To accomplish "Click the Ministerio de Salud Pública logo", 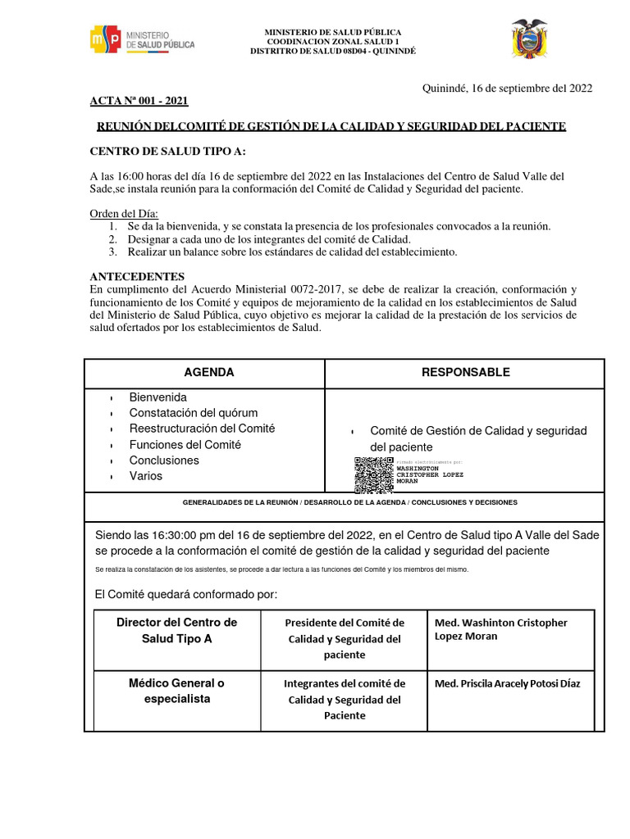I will pyautogui.click(x=142, y=39).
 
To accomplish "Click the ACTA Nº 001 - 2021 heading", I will pyautogui.click(x=139, y=101).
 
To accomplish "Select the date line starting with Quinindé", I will pyautogui.click(x=507, y=88).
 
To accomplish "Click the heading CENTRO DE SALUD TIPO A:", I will pyautogui.click(x=167, y=152).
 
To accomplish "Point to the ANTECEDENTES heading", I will pyautogui.click(x=137, y=276).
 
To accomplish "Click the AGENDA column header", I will pyautogui.click(x=208, y=372).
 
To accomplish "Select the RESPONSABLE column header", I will pyautogui.click(x=465, y=372).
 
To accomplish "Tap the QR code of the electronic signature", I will pyautogui.click(x=373, y=474).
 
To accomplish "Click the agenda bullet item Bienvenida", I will pyautogui.click(x=157, y=397).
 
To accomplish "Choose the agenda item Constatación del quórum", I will pyautogui.click(x=193, y=412).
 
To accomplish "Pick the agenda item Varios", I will pyautogui.click(x=146, y=475).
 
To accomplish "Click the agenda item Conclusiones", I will pyautogui.click(x=164, y=460).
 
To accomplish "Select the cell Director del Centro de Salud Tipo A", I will pyautogui.click(x=176, y=630).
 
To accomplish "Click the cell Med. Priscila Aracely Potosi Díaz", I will pyautogui.click(x=507, y=683).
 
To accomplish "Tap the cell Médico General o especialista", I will pyautogui.click(x=175, y=691).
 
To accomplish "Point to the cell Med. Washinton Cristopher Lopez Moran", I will pyautogui.click(x=500, y=628).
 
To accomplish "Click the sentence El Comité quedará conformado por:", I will pyautogui.click(x=186, y=593).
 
